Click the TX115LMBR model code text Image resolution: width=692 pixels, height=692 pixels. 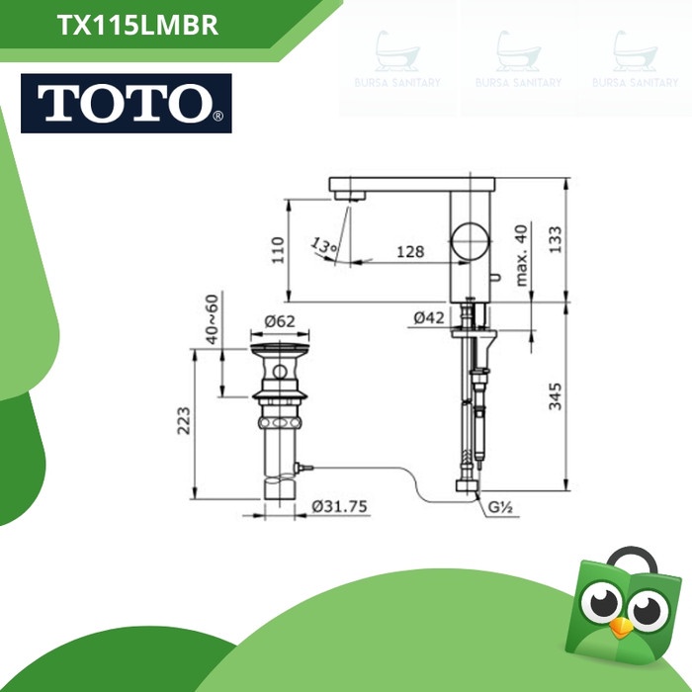tap(138, 27)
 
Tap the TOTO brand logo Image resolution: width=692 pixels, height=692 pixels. tap(126, 104)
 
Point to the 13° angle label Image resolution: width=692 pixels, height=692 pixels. tap(323, 244)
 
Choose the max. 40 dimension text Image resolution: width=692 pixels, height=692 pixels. tap(522, 255)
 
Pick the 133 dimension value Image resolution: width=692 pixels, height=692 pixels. tap(556, 237)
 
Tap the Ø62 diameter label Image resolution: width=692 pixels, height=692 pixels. tap(281, 319)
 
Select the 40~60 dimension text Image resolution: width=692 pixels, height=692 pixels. tap(212, 318)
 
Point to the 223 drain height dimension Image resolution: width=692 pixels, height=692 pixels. tap(184, 421)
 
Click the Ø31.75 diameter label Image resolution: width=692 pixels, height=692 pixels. tap(339, 505)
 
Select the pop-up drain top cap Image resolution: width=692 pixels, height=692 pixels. tap(280, 351)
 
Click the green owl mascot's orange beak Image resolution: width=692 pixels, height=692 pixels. tap(621, 629)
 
